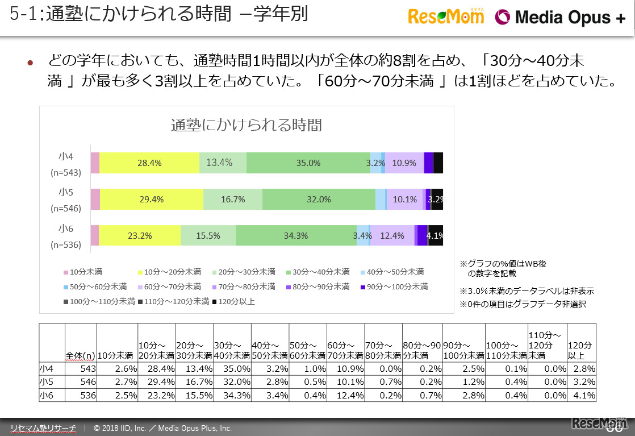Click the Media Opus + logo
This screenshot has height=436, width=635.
coord(560,18)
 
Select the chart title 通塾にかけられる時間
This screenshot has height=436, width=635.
coord(247,124)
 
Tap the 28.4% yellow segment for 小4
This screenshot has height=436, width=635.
coord(149,163)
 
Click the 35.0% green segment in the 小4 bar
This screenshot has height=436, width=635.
coord(308,163)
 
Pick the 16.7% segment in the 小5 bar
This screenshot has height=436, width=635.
coord(233,199)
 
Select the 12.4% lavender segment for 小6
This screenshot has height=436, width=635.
coord(392,235)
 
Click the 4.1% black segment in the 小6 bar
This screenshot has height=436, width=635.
coord(436,235)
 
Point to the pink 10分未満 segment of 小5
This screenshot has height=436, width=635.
coord(95,199)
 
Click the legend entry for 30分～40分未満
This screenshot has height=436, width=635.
coord(316,272)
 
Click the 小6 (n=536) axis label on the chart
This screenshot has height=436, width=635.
coord(65,236)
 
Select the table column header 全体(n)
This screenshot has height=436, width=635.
coord(80,355)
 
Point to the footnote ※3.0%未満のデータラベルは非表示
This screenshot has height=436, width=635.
coord(527,291)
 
